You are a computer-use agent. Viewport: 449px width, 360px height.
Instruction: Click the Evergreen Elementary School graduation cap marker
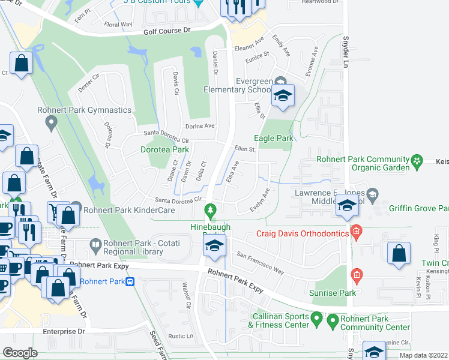283,95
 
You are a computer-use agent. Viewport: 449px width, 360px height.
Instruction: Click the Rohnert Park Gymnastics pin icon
51,122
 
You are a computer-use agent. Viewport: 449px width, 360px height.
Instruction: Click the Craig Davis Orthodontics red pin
357,231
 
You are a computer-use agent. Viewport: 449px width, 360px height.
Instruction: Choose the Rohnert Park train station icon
130,282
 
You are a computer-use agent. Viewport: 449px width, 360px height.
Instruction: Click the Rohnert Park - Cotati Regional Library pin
95,244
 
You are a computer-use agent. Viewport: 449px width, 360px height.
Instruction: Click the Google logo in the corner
20,353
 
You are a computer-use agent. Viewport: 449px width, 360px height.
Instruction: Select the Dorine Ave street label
200,126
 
